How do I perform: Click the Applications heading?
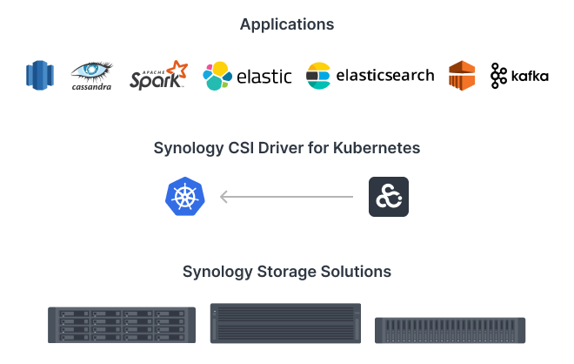(287, 24)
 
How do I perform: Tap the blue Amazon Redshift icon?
(40, 76)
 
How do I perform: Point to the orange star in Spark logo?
(177, 69)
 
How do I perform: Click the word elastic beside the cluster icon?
(264, 77)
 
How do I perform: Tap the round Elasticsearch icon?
(318, 76)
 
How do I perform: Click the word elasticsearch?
(384, 76)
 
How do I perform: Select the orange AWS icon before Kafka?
(462, 76)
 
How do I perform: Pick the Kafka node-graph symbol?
(498, 76)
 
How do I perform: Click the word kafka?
(530, 77)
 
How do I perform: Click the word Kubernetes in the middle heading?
(377, 148)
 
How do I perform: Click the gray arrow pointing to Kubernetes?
(287, 197)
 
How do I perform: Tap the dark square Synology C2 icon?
(388, 197)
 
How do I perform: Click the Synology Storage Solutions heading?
(287, 272)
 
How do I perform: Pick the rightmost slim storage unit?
(451, 329)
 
